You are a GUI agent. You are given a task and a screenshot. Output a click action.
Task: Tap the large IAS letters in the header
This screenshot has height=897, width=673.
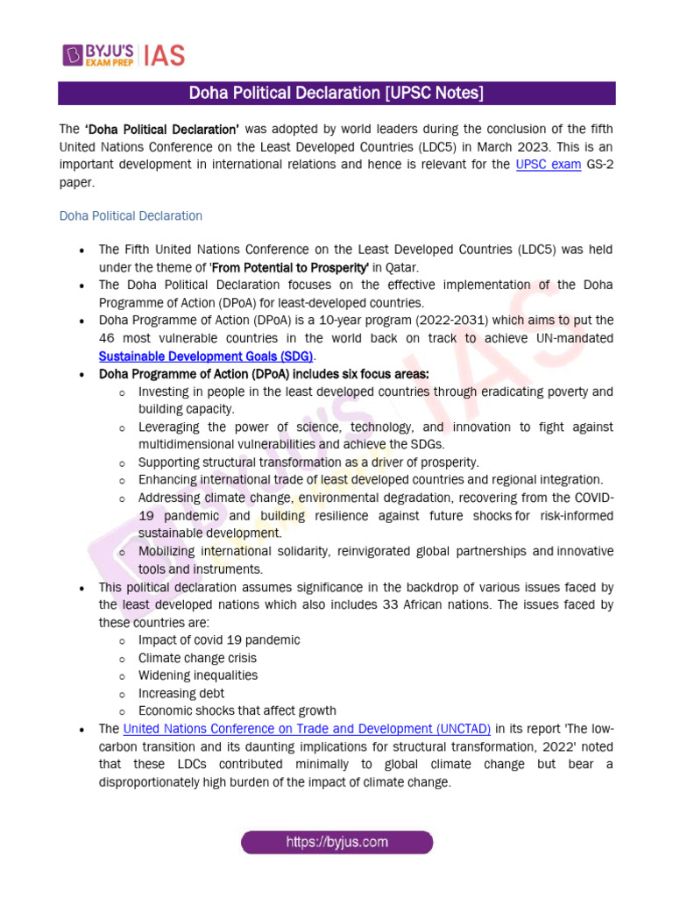pos(163,54)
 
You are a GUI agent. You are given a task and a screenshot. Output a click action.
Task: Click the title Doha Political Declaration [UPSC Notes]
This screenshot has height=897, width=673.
pos(336,94)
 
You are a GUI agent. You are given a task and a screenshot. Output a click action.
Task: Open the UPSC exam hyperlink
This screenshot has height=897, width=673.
pos(548,164)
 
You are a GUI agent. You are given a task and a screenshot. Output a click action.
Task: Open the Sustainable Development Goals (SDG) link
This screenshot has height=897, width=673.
pos(206,357)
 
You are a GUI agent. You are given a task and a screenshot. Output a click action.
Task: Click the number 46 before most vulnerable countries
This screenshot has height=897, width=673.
pos(108,338)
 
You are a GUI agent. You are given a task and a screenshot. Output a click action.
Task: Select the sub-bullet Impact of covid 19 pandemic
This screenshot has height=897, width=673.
pos(218,640)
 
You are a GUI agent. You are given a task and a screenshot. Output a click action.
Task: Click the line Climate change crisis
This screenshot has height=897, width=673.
pos(197,658)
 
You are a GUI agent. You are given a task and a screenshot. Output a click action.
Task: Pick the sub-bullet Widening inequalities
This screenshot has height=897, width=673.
pos(197,675)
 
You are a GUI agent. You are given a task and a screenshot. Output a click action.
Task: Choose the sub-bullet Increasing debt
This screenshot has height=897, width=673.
pos(181,693)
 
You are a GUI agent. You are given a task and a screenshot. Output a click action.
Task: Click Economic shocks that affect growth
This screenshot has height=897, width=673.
pos(237,710)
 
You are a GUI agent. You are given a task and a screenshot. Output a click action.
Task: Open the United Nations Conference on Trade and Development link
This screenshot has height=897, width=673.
pos(307,729)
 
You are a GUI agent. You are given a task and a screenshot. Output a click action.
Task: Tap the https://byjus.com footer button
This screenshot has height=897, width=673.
pos(336,843)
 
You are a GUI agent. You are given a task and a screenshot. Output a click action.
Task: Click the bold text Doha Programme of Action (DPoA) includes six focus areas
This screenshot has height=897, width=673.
pos(264,374)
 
